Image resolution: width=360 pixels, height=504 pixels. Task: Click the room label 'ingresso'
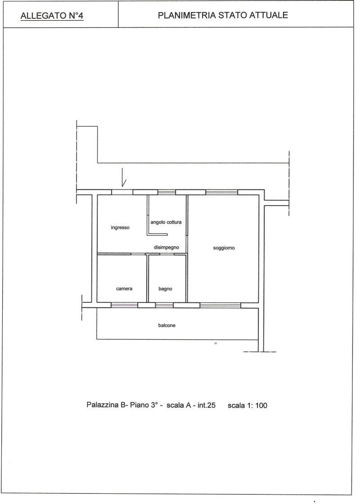[x=120, y=228]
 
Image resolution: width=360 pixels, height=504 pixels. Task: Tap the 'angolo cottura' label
[x=166, y=222]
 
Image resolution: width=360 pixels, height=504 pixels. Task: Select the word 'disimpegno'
[x=166, y=247]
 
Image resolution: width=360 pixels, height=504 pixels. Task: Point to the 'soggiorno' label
[x=224, y=248]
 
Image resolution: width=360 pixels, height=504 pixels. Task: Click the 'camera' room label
[x=124, y=288]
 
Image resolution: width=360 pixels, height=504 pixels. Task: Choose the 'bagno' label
[x=165, y=289]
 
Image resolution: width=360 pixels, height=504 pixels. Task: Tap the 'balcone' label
[x=167, y=325]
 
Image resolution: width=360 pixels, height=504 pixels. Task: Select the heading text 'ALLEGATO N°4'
[x=52, y=16]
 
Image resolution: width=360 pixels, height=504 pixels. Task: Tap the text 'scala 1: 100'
[x=247, y=405]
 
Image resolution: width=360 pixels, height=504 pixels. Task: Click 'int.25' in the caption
[x=207, y=405]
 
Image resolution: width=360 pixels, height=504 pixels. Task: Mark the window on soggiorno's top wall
[x=221, y=192]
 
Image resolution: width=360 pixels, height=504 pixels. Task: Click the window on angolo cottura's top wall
[x=166, y=192]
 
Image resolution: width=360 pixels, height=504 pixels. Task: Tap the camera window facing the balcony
[x=124, y=305]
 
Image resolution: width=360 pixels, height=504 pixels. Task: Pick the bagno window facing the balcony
[x=164, y=305]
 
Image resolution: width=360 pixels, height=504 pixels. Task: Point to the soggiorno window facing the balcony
[x=220, y=305]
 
